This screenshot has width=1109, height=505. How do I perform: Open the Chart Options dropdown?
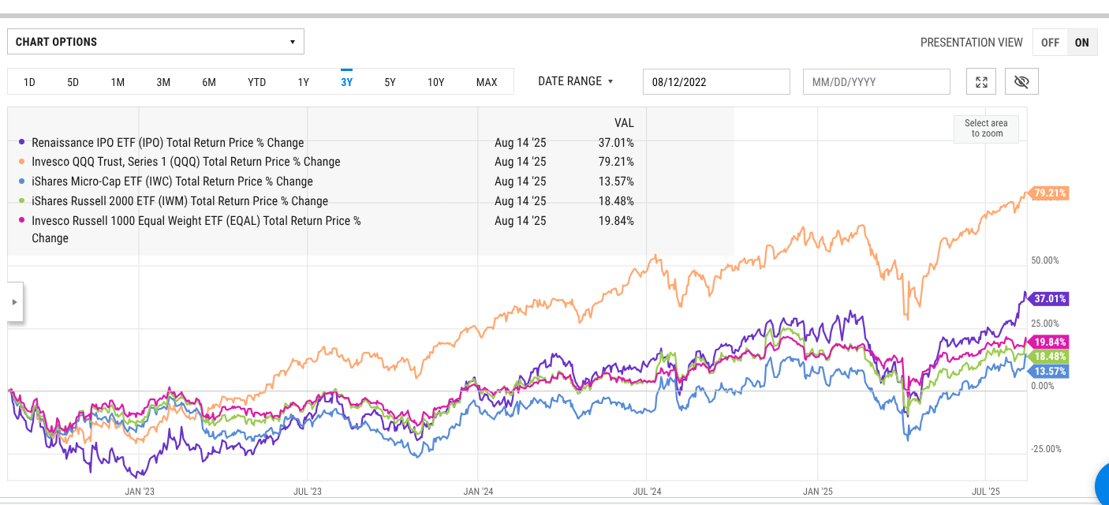click(x=155, y=42)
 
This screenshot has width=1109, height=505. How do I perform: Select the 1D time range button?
click(x=29, y=82)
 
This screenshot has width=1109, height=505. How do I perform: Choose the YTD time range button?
click(x=256, y=82)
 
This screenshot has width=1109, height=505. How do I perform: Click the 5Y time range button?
click(x=390, y=82)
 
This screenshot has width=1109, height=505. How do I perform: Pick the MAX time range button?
click(x=487, y=82)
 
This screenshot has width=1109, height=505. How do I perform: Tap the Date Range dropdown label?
click(x=575, y=81)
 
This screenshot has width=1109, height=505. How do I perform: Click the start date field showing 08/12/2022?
click(x=716, y=82)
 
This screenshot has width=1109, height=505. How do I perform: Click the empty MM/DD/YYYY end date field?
click(x=876, y=82)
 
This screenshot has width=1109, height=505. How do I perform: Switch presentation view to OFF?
click(x=1050, y=43)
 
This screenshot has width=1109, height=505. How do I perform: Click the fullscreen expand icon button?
click(x=981, y=82)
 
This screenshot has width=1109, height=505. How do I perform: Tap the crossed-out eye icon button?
click(x=1022, y=82)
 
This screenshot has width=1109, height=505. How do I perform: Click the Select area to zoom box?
click(x=986, y=129)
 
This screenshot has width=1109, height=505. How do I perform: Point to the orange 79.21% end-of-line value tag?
click(x=1049, y=193)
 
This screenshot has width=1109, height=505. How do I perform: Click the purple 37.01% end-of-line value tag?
click(x=1049, y=299)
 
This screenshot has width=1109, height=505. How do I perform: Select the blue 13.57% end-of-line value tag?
click(x=1049, y=371)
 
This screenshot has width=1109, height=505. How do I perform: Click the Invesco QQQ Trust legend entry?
click(x=186, y=162)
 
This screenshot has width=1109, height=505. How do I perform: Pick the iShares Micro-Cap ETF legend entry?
click(x=172, y=181)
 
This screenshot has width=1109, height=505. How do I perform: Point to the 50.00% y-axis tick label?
click(x=1044, y=260)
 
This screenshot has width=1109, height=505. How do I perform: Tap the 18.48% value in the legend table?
click(x=615, y=201)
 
